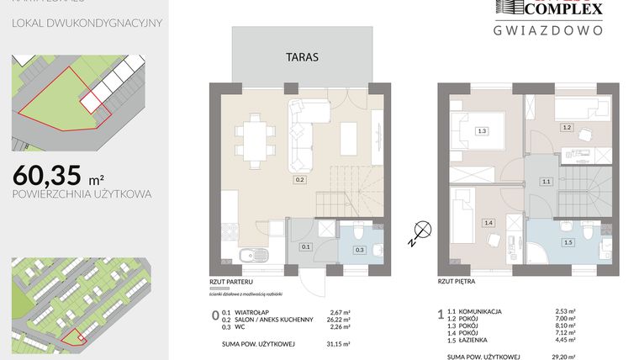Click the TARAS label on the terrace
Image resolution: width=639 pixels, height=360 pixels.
[x=299, y=59]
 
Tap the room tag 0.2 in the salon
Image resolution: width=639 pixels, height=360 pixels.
[x=298, y=179]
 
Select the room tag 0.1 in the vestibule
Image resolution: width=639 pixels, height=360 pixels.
[x=306, y=246]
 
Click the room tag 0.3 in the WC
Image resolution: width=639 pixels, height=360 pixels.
[x=360, y=250]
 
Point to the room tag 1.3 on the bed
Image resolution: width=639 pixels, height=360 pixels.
[x=482, y=131]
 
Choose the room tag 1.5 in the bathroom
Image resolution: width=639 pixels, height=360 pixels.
[x=568, y=242]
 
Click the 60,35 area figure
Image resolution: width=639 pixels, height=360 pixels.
[x=47, y=174]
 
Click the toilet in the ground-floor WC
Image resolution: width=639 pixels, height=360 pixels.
[x=359, y=232]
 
